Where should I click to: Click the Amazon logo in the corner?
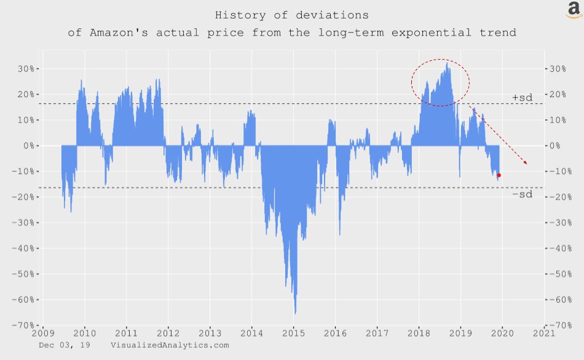[574, 10]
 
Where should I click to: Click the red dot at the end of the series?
[499, 175]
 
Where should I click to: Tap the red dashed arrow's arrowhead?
[526, 162]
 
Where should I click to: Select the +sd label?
[522, 98]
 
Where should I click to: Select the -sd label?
[522, 194]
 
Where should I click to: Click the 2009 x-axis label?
[43, 333]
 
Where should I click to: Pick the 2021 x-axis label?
[544, 333]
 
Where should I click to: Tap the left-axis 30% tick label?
[26, 69]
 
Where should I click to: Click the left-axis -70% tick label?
[23, 326]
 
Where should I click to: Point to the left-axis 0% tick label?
[29, 146]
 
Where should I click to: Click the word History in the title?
[240, 15]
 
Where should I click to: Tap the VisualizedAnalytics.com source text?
[170, 345]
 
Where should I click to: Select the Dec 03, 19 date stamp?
[65, 345]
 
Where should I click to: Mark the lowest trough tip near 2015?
[295, 314]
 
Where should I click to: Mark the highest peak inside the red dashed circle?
[447, 63]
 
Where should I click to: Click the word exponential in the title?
[432, 33]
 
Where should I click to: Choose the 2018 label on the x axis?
[419, 333]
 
